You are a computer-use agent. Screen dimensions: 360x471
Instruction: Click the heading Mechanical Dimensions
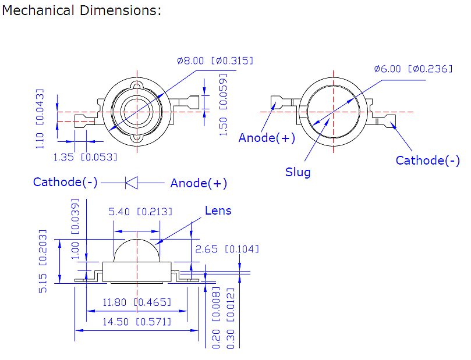tap(82, 11)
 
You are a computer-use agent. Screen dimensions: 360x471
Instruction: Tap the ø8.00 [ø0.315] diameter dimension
tap(215, 60)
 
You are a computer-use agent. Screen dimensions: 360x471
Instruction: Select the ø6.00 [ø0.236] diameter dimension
tap(413, 69)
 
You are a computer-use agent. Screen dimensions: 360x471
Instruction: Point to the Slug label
tap(298, 172)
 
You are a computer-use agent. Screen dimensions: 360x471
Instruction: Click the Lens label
tap(218, 211)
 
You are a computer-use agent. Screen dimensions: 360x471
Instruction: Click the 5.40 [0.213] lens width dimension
tap(140, 212)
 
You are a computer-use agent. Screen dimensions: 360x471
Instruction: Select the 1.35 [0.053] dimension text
tap(85, 157)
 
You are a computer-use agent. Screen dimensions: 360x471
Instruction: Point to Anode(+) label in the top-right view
tap(267, 138)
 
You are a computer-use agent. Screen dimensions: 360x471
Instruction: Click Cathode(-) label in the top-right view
tap(427, 161)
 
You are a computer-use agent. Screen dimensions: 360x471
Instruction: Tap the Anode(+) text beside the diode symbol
tap(199, 183)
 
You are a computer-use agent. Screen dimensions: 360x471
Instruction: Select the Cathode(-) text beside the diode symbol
tap(65, 182)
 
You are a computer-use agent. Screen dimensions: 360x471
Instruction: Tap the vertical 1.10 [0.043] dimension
tap(40, 119)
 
